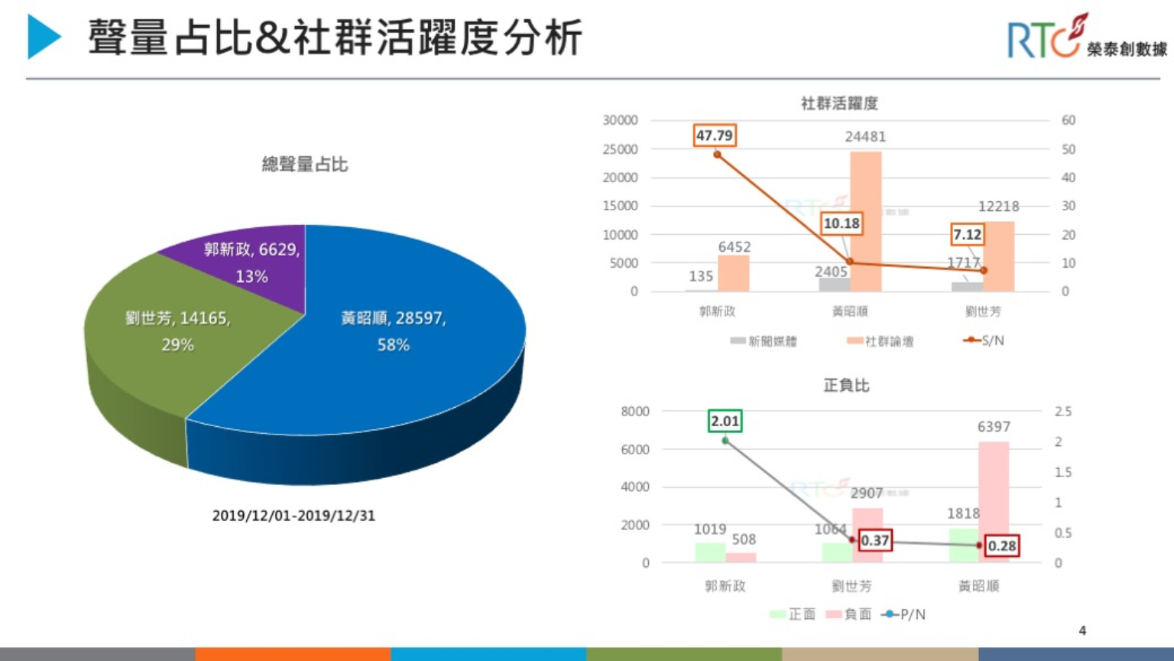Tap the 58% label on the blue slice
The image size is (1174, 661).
[x=393, y=345]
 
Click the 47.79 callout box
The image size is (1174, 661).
[x=715, y=135]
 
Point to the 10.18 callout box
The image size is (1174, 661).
[x=842, y=223]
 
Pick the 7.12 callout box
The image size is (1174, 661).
[x=967, y=234]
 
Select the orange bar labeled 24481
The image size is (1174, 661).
[x=866, y=222]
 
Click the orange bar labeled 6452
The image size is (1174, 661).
[x=734, y=273]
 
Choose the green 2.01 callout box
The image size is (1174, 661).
[x=725, y=421]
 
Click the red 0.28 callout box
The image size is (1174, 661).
[x=1001, y=545]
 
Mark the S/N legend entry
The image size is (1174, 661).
[x=984, y=340]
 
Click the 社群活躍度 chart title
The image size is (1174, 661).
[x=839, y=103]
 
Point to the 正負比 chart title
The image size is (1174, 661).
[x=846, y=385]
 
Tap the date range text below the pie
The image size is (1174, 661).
[x=293, y=516]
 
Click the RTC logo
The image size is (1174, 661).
[x=1047, y=38]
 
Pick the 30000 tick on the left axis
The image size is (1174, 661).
[x=620, y=120]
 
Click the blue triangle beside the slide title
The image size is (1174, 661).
[x=44, y=37]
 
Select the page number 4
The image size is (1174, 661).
[x=1082, y=630]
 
